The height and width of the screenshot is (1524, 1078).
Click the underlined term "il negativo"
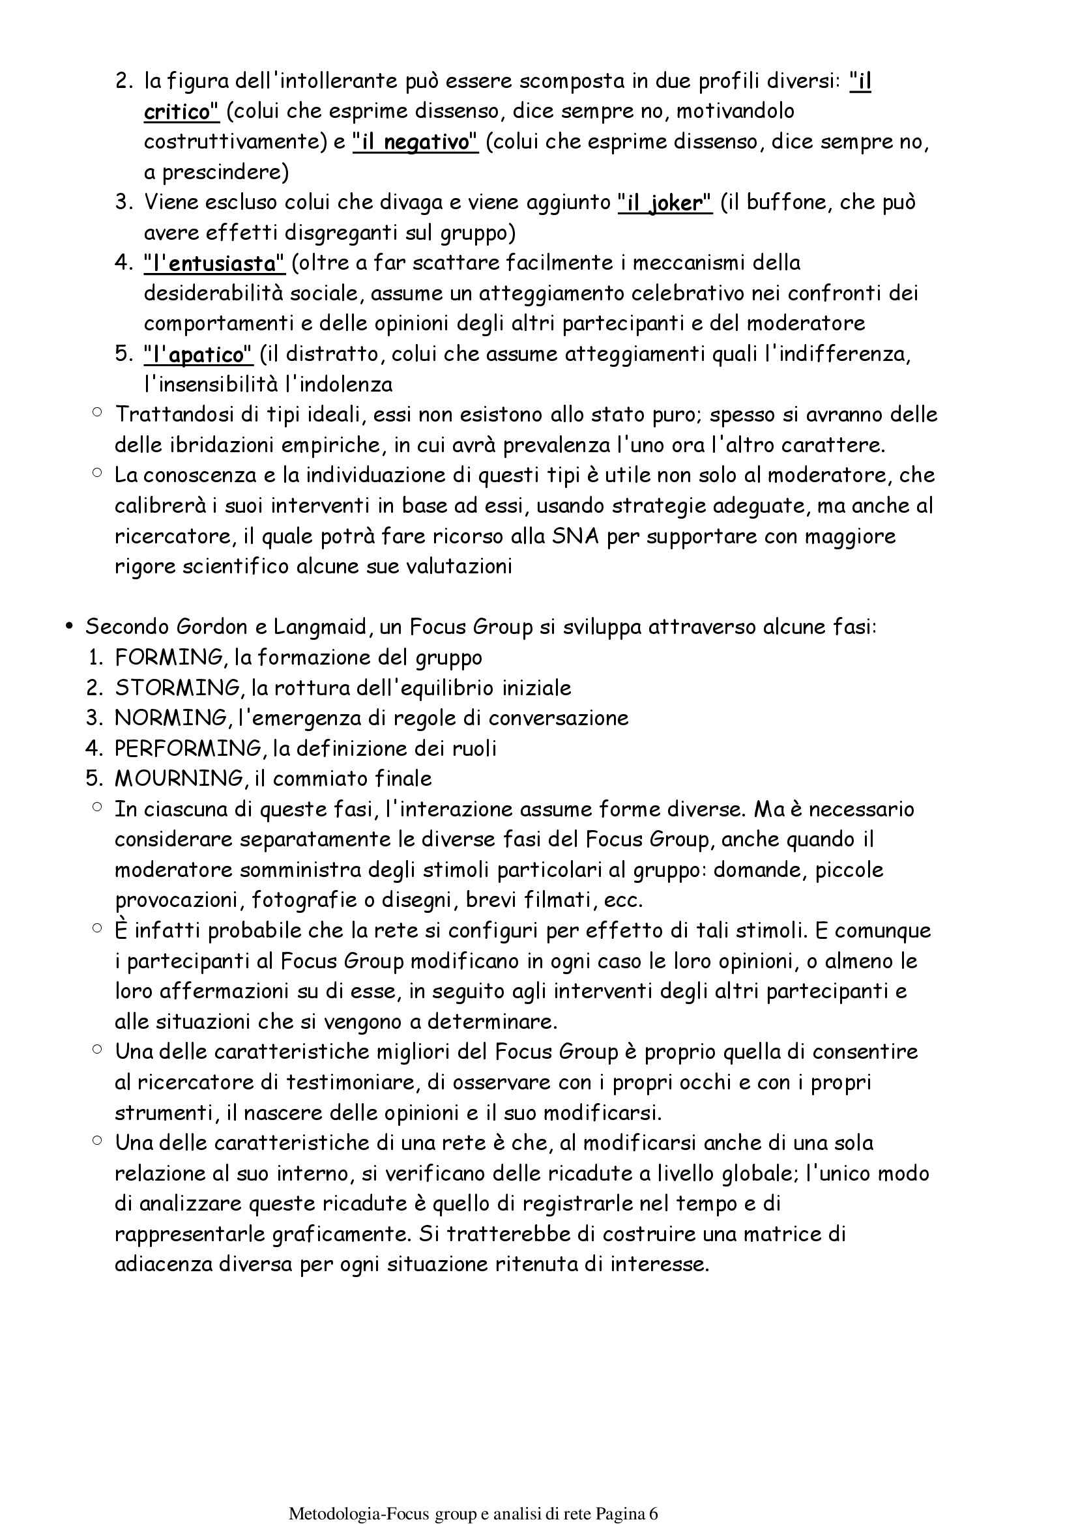[x=415, y=141]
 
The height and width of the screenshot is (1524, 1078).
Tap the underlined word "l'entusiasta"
[x=214, y=263]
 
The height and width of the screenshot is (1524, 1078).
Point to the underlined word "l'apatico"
[x=198, y=354]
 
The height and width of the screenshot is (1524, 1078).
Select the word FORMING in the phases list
[x=171, y=657]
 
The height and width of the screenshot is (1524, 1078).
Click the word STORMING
[x=177, y=687]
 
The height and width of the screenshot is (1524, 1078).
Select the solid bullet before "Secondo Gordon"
[x=68, y=627]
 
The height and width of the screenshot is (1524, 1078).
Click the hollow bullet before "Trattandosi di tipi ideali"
[x=98, y=412]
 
